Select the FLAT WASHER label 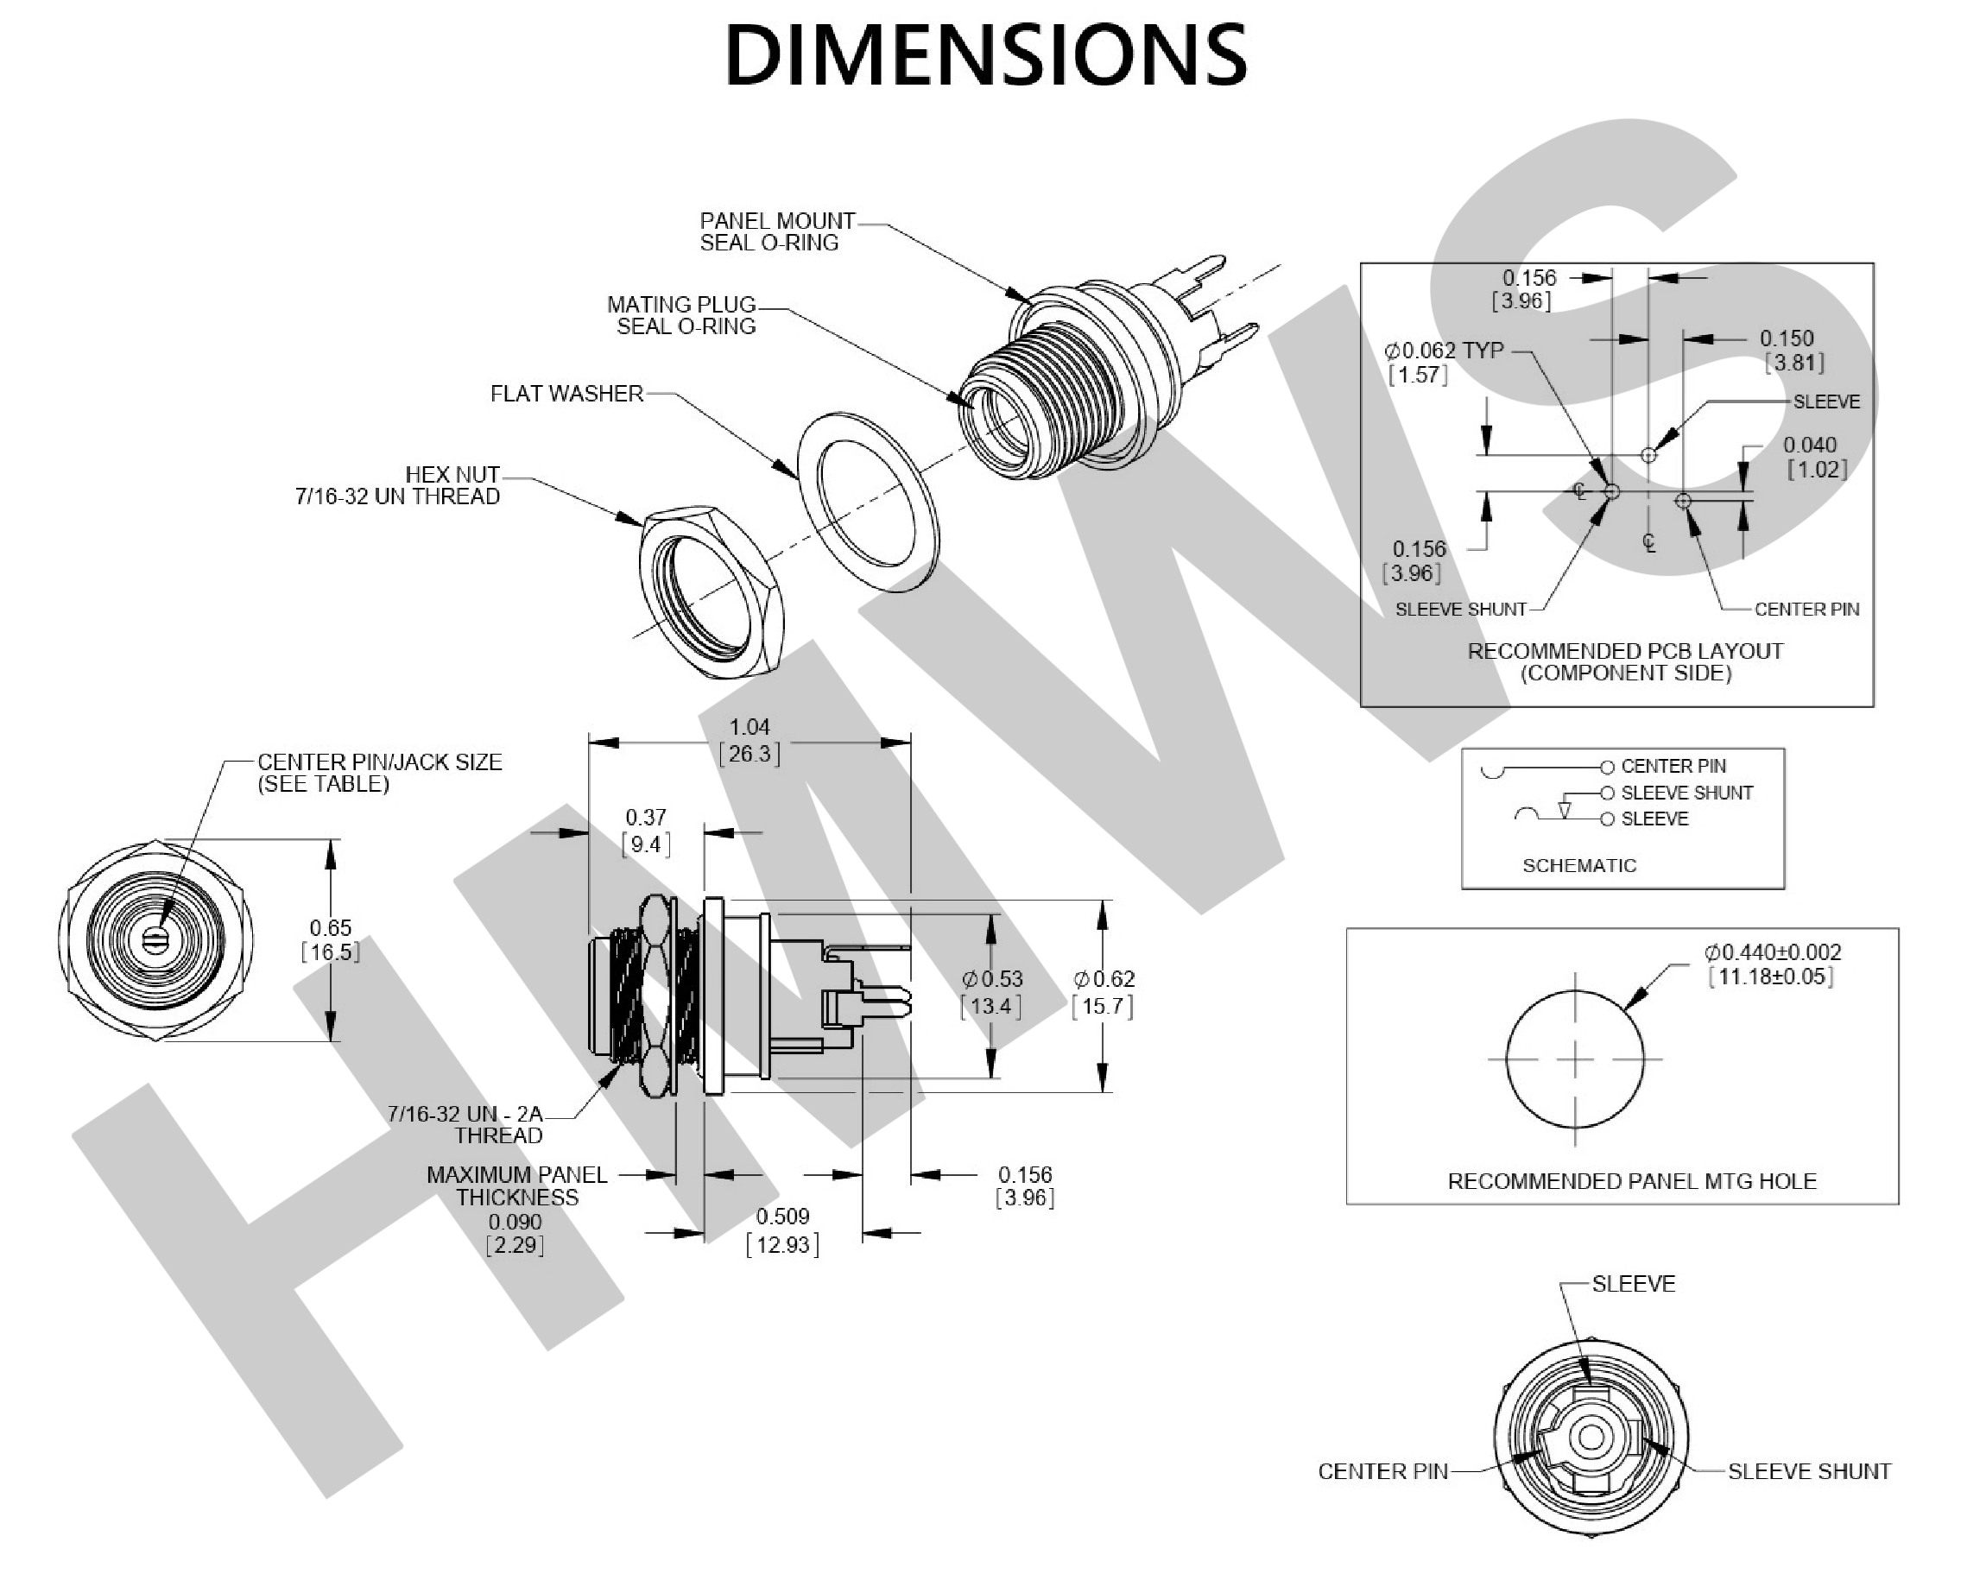coord(566,395)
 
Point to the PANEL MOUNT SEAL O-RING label coord(776,232)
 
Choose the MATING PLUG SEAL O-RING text coord(681,315)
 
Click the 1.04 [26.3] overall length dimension coord(749,741)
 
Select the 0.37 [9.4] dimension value coord(646,830)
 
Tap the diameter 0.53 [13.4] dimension coord(992,992)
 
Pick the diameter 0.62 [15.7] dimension coord(1104,992)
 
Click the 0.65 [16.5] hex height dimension coord(331,939)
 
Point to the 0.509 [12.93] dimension coord(782,1231)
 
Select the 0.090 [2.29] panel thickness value coord(515,1234)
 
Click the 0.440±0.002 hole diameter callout coord(1771,964)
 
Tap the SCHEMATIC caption coord(1578,865)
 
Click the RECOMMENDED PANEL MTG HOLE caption coord(1631,1181)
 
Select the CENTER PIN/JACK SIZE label coord(378,773)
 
